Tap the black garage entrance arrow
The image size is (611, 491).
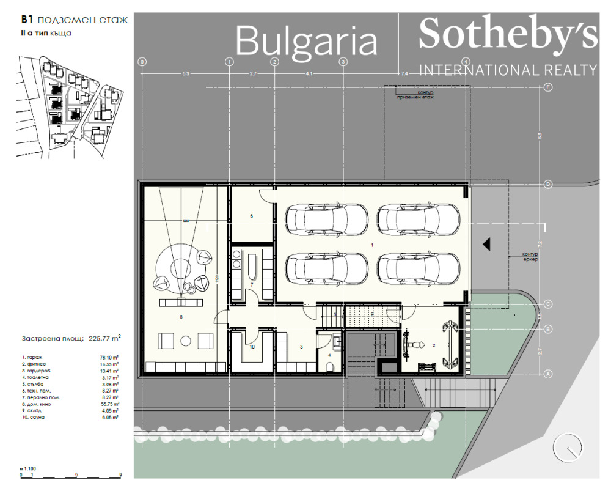487,244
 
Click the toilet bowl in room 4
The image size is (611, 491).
331,366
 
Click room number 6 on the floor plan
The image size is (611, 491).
251,216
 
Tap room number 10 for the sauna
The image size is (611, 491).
251,347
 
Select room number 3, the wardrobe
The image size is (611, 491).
301,347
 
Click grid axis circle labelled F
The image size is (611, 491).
548,87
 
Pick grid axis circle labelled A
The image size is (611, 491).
548,374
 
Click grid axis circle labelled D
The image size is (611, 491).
548,184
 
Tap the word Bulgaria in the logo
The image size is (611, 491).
307,42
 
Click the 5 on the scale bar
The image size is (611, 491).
76,474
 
